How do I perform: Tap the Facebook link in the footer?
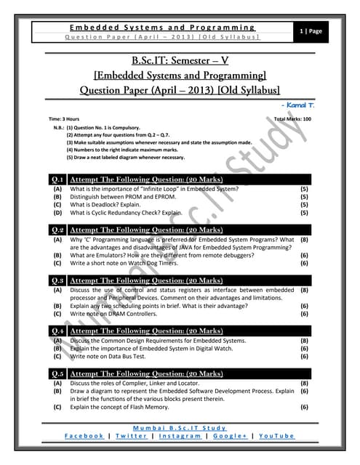pyautogui.click(x=84, y=435)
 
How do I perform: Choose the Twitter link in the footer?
pyautogui.click(x=132, y=435)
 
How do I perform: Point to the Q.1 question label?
pyautogui.click(x=57, y=179)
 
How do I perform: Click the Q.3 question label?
pyautogui.click(x=57, y=280)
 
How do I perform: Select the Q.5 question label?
pyautogui.click(x=57, y=373)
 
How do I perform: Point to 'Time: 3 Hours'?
pyautogui.click(x=64, y=118)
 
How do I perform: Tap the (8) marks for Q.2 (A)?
pyautogui.click(x=305, y=238)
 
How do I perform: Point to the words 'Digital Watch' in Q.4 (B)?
pyautogui.click(x=220, y=348)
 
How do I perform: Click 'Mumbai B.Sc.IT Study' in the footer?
pyautogui.click(x=180, y=426)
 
